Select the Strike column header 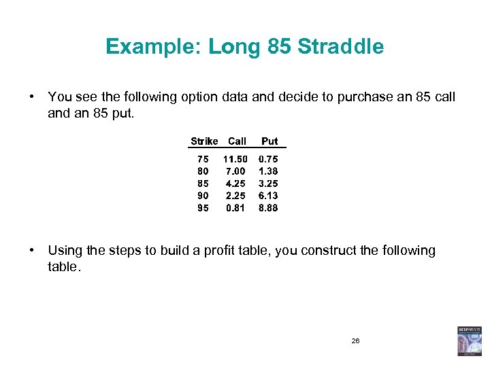[203, 141]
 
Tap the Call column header [237, 141]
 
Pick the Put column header [269, 141]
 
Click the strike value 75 [203, 159]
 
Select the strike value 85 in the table [203, 183]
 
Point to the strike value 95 [203, 208]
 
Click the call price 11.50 [236, 159]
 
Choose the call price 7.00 [235, 171]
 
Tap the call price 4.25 [235, 183]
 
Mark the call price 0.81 [235, 208]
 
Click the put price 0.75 [268, 159]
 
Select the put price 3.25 [268, 183]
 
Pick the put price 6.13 [268, 196]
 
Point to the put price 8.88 [268, 208]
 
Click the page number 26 [355, 340]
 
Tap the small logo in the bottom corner [469, 340]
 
